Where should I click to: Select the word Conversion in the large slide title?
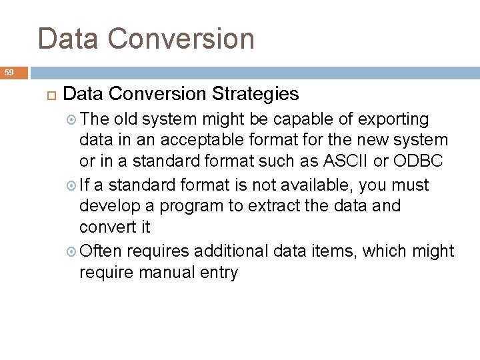tap(187, 38)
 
